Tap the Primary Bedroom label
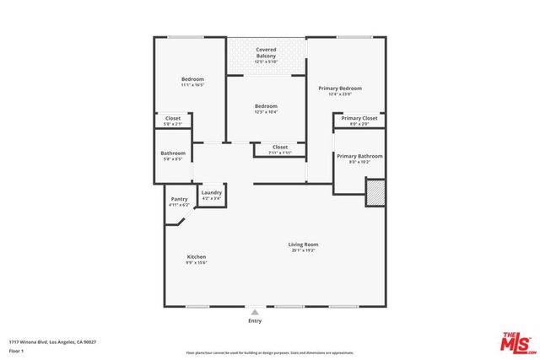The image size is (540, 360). tap(339, 90)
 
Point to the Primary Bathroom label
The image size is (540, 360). tap(359, 159)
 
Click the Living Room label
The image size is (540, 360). tap(305, 247)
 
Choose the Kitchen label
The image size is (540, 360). tap(196, 260)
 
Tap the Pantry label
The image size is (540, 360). tap(179, 201)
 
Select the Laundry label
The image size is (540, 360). tap(211, 195)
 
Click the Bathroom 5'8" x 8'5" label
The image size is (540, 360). tap(173, 155)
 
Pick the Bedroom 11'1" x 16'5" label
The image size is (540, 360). tap(192, 82)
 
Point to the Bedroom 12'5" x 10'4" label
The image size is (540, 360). tap(267, 109)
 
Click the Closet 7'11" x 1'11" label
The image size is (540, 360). tap(279, 149)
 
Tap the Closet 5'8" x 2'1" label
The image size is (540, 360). tap(172, 121)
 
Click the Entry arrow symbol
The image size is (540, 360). tap(255, 312)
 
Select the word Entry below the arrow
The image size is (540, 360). tap(255, 321)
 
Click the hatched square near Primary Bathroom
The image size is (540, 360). tap(375, 194)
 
